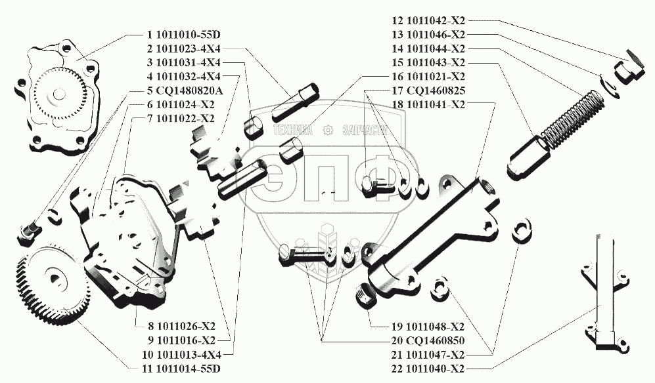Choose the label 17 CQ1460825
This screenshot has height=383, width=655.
pos(429,90)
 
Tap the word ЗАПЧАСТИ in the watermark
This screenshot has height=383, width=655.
pos(363,131)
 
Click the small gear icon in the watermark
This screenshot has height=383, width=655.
pos(328,131)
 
